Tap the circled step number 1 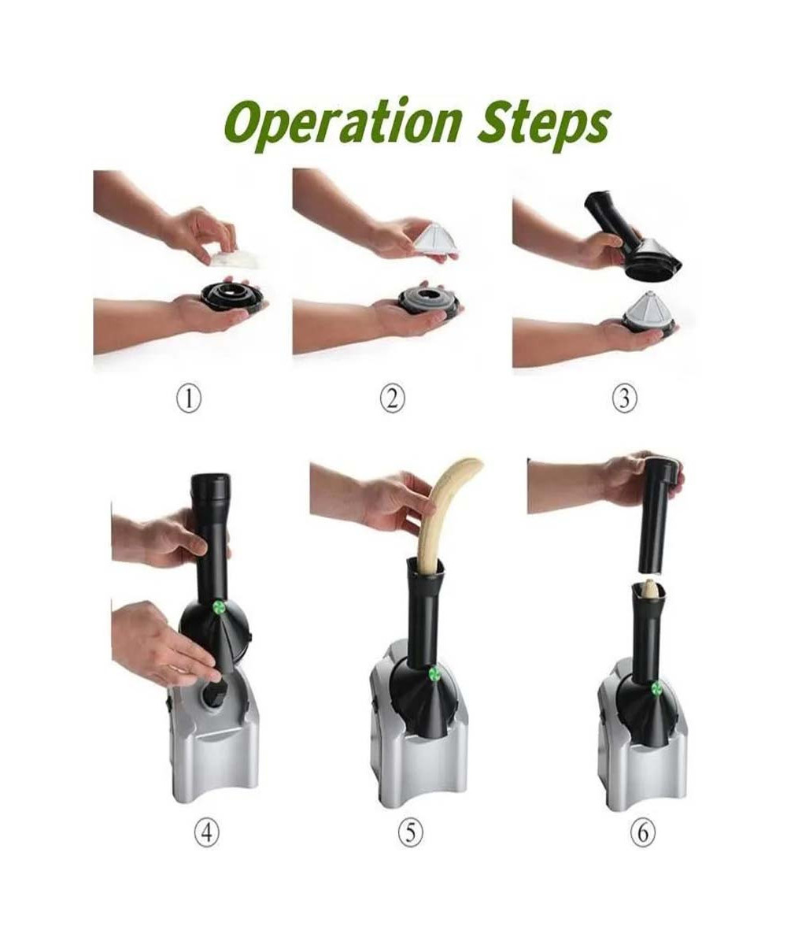coord(189,399)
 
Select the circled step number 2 coord(393,399)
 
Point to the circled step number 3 coord(624,398)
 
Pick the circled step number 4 coord(207,845)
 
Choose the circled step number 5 coord(411,845)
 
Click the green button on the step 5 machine coord(434,673)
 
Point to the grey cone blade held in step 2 coord(435,239)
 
